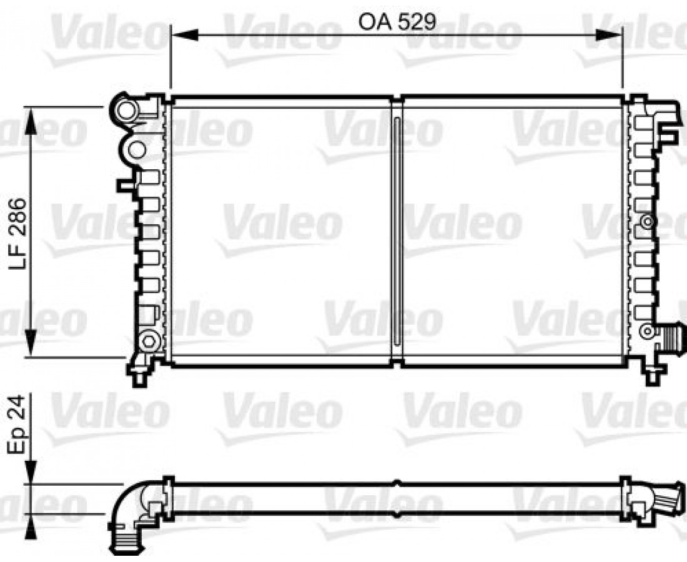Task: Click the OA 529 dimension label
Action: click(x=397, y=22)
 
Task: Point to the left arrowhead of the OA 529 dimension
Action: click(x=184, y=34)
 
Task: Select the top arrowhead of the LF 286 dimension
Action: click(x=30, y=121)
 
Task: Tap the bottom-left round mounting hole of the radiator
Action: click(x=149, y=340)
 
